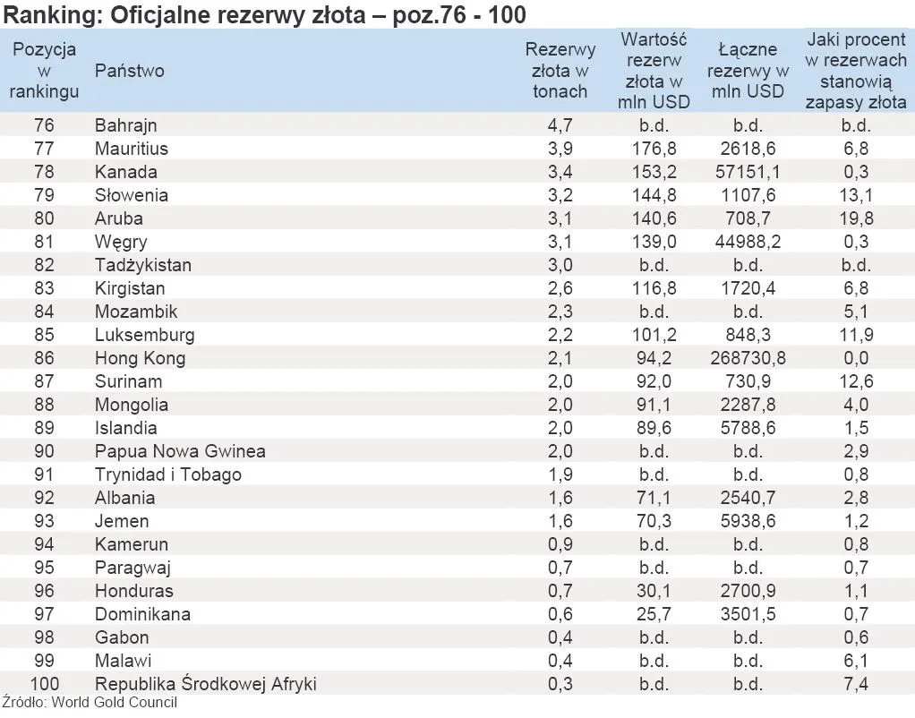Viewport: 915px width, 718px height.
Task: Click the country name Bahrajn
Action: [125, 125]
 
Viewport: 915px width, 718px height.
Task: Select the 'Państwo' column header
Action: [129, 71]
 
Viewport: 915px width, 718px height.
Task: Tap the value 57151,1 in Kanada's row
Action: [748, 172]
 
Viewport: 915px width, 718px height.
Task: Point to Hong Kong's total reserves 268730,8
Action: [748, 358]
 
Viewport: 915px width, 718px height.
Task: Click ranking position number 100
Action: [44, 684]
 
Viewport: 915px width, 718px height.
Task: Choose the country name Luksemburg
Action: [144, 335]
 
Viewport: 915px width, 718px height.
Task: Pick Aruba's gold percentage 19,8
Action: [856, 218]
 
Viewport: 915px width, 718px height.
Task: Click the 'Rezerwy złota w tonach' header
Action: [560, 71]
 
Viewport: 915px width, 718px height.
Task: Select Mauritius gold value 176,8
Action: [654, 149]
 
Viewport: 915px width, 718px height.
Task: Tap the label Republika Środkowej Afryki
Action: [205, 684]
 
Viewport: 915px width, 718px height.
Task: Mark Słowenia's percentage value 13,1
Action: [856, 195]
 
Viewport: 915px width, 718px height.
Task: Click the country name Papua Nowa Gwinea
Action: [180, 451]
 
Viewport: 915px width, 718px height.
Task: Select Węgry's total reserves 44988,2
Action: [748, 242]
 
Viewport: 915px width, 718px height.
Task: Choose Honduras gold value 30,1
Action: [654, 591]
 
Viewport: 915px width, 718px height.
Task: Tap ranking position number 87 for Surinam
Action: [44, 381]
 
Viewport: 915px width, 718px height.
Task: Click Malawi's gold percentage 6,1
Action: [856, 661]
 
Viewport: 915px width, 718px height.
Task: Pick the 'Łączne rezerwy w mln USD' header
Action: [748, 71]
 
